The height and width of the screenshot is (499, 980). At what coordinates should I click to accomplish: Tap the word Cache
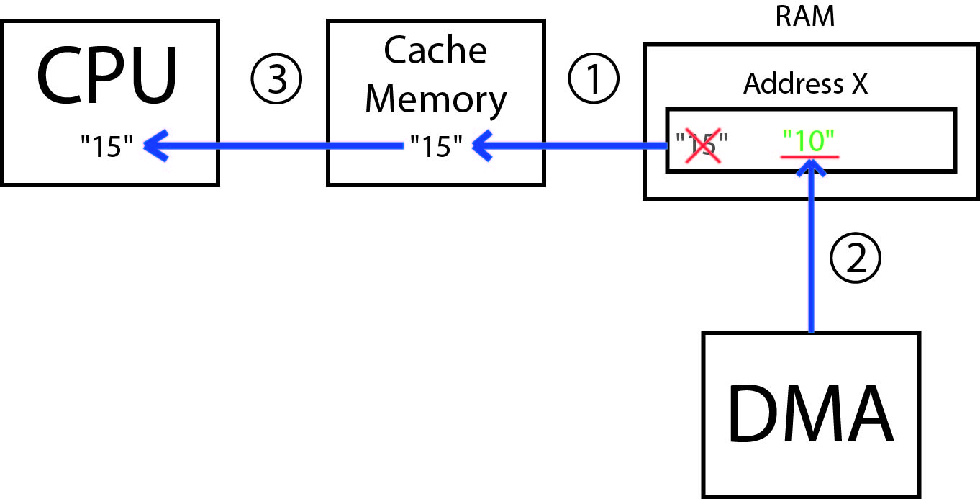point(435,50)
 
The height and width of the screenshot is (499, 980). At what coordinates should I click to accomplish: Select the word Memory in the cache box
point(435,99)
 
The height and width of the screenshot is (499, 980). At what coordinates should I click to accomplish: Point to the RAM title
point(804,16)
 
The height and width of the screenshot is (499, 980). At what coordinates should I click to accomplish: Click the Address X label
point(805,84)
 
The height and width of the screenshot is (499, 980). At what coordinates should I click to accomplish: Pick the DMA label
point(811,415)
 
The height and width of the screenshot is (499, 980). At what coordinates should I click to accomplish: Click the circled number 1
point(594,79)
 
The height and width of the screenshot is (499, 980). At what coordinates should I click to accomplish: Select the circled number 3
point(276,79)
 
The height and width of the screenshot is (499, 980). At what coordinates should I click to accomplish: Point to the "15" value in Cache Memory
point(435,147)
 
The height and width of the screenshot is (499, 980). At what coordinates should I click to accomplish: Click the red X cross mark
point(702,146)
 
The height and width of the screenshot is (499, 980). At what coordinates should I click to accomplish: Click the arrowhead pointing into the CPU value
point(155,147)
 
